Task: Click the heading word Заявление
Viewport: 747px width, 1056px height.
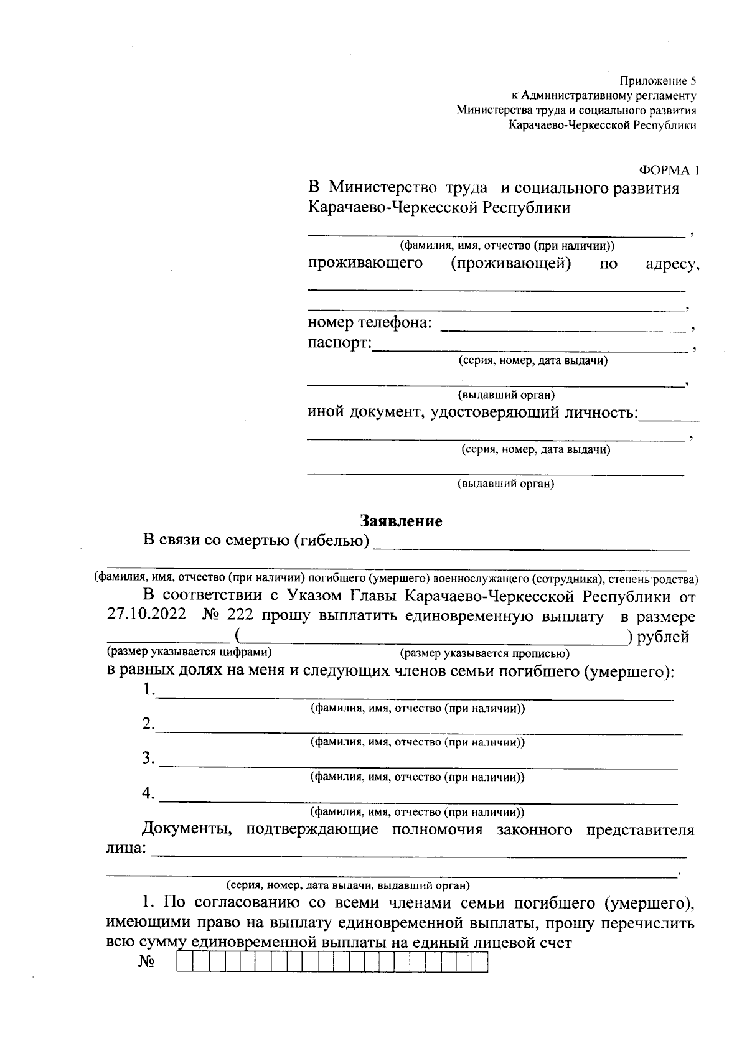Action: (402, 521)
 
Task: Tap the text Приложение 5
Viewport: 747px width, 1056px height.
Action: (657, 81)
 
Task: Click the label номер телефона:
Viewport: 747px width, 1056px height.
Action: (370, 324)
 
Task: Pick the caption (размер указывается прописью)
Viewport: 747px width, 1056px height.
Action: (485, 653)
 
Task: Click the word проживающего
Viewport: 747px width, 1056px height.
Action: (365, 263)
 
